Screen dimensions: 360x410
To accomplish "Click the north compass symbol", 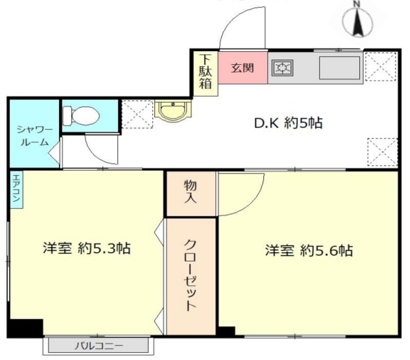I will [x=358, y=21].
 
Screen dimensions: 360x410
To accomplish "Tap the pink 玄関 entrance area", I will [x=243, y=68].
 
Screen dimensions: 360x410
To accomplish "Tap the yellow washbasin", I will [x=172, y=111].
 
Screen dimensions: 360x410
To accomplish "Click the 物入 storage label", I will [x=191, y=192].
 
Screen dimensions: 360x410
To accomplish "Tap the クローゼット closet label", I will [x=190, y=275].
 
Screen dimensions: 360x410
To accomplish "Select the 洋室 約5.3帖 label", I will [x=86, y=248].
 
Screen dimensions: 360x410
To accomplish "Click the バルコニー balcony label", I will [x=99, y=346].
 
